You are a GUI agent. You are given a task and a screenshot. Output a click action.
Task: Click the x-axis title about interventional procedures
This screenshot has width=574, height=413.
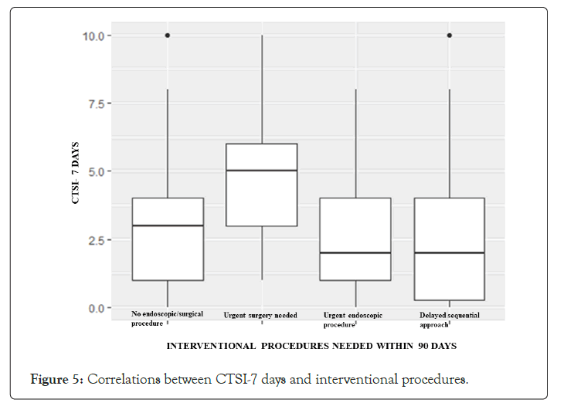(x=311, y=346)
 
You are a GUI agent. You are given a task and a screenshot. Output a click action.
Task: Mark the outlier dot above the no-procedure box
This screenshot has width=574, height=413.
(x=168, y=36)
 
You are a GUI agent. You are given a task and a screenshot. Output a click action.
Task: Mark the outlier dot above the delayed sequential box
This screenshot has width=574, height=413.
(x=450, y=36)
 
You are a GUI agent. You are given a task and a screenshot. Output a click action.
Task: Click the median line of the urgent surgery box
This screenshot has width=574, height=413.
(x=262, y=171)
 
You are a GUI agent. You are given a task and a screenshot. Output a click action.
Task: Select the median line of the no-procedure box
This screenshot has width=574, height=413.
(x=168, y=225)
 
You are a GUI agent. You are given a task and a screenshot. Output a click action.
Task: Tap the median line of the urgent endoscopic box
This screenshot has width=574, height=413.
(x=355, y=252)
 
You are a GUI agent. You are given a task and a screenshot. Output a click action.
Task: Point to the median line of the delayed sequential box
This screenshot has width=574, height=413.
(x=450, y=252)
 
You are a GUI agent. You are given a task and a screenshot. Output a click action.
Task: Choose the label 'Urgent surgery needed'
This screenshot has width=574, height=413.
(x=261, y=315)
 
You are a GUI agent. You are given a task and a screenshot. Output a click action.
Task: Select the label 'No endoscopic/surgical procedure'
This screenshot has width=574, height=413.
(x=166, y=318)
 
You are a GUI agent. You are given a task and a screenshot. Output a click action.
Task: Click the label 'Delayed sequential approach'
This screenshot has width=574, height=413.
(x=449, y=320)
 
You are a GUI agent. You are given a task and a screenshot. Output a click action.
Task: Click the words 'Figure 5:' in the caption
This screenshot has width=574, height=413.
(x=56, y=380)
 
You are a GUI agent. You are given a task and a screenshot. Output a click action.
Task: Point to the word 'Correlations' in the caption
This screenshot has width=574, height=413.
(x=124, y=380)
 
